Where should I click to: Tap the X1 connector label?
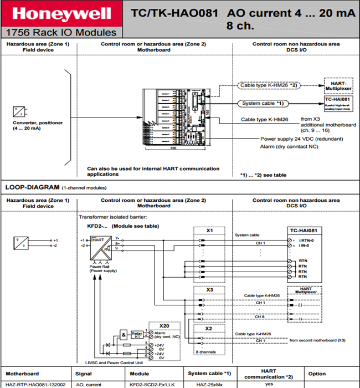pyautogui.click(x=209, y=230)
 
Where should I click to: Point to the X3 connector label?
pyautogui.click(x=209, y=290)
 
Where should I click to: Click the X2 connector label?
pyautogui.click(x=209, y=329)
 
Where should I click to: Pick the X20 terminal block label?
pyautogui.click(x=164, y=325)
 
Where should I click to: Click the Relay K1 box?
pyautogui.click(x=136, y=335)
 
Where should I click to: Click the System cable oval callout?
pyautogui.click(x=264, y=103)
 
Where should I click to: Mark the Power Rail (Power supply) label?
pyautogui.click(x=103, y=269)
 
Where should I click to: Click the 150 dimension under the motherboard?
pyautogui.click(x=172, y=148)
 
